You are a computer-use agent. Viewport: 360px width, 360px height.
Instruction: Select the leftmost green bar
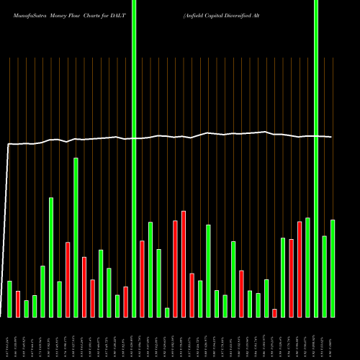pos(9,299)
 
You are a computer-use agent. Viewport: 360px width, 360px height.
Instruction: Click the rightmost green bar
pos(333,268)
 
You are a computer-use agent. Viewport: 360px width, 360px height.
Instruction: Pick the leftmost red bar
pos(17,304)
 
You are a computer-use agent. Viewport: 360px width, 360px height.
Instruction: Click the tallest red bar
pos(184,264)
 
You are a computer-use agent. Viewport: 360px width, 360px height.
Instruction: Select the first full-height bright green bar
pos(134,158)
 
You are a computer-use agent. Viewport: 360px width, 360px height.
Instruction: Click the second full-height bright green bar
pos(316,158)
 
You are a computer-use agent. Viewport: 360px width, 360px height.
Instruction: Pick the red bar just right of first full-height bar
pos(142,279)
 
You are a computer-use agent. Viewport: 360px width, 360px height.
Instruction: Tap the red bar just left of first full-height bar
pos(125,302)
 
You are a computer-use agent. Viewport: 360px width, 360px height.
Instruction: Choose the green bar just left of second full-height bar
pos(307,267)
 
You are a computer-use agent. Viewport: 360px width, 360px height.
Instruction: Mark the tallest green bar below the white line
pos(76,237)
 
